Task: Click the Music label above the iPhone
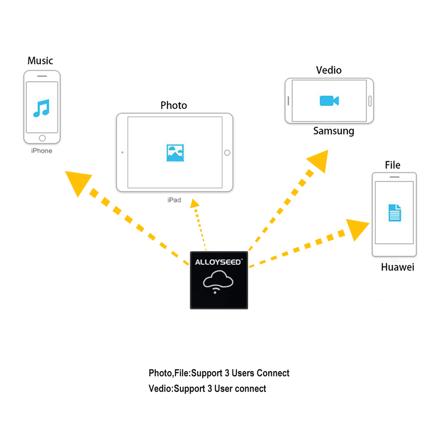pos(40,61)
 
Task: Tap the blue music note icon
pos(42,108)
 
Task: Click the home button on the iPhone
pos(42,138)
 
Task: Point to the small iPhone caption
pos(42,151)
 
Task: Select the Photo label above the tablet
pos(174,105)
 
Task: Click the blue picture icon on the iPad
pos(175,153)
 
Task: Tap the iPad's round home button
pos(227,153)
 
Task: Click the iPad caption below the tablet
pos(174,200)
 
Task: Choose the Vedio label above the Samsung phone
pos(329,70)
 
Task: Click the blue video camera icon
pos(329,101)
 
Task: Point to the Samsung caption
pos(333,131)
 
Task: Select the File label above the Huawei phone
pos(392,165)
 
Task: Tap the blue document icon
pos(395,212)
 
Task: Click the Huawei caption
pos(397,267)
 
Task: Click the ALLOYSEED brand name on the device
pos(218,263)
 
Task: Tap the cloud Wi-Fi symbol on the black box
pos(218,281)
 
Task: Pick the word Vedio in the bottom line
pos(160,389)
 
